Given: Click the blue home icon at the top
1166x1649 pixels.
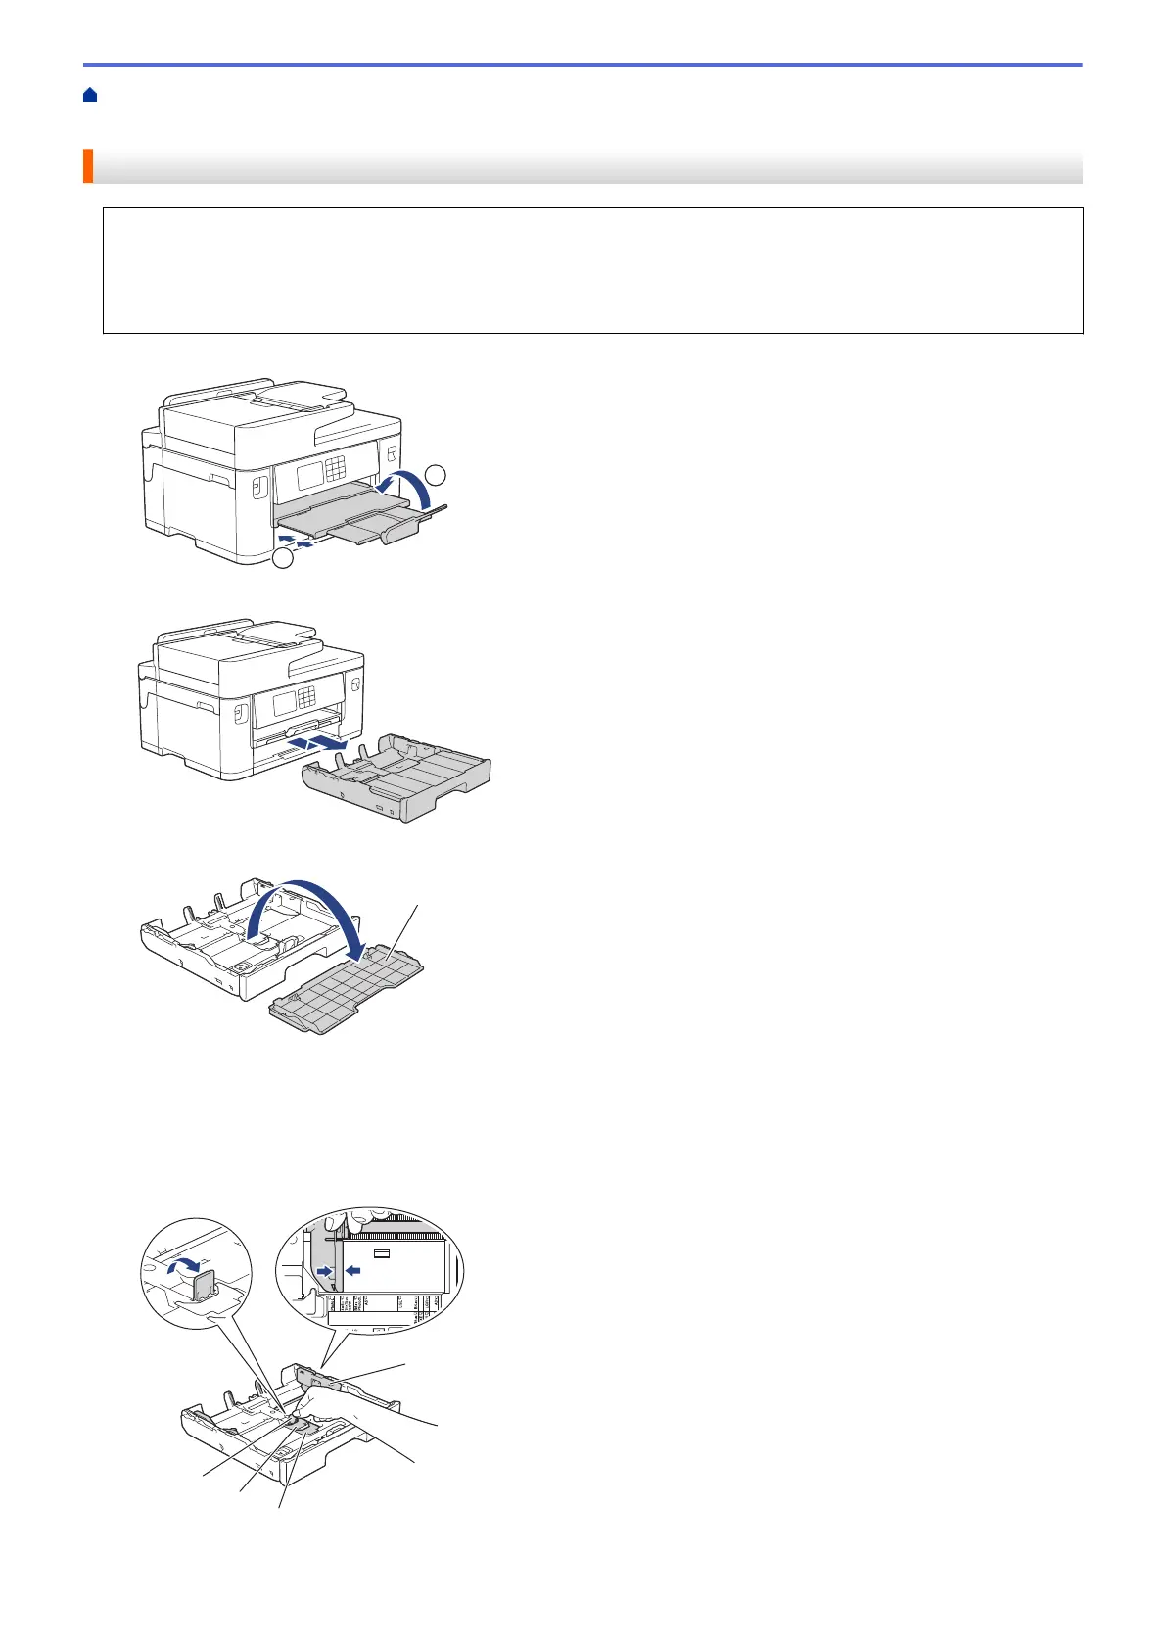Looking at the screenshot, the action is (x=90, y=95).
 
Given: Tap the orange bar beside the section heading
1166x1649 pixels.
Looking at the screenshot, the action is (x=88, y=166).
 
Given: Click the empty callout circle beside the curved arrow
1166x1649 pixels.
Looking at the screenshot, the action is (x=438, y=475).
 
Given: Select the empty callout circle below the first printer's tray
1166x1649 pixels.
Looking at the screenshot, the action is (x=283, y=559).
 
